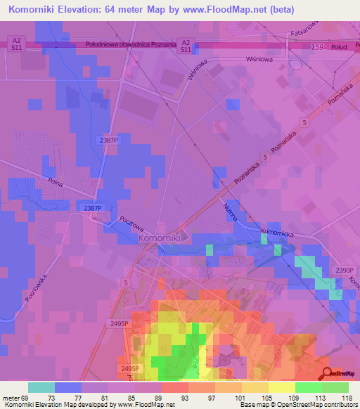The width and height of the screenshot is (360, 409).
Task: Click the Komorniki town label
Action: coord(161,238)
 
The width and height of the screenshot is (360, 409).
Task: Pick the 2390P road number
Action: coord(345,271)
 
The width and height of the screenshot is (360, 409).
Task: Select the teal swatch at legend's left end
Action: coord(41,387)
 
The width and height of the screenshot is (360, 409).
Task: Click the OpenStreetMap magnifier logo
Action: coord(327,374)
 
